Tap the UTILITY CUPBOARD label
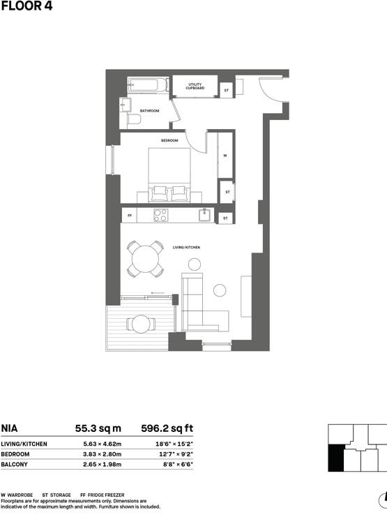(x=195, y=87)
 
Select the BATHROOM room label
(x=149, y=111)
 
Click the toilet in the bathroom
(x=133, y=120)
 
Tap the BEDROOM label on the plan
(x=169, y=140)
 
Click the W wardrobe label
(x=225, y=156)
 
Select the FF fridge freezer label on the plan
(x=130, y=216)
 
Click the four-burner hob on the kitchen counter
(x=161, y=216)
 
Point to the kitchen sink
(x=205, y=216)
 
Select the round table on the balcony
(x=142, y=324)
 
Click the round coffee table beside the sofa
(x=220, y=290)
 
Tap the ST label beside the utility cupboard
(x=226, y=90)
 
